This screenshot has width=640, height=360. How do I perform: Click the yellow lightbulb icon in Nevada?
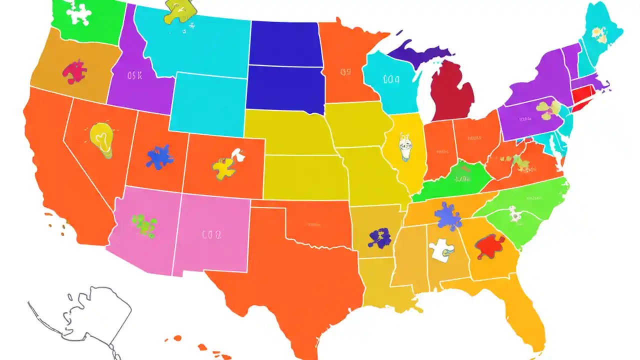[x=101, y=138]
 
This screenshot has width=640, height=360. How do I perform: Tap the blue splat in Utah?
[x=159, y=156]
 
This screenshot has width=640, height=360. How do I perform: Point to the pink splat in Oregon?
[x=74, y=71]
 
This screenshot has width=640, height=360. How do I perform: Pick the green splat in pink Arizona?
[x=144, y=225]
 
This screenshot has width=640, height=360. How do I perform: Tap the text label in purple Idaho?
[x=134, y=76]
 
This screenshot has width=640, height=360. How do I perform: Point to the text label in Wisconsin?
[x=390, y=78]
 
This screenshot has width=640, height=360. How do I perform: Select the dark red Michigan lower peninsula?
[x=451, y=92]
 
